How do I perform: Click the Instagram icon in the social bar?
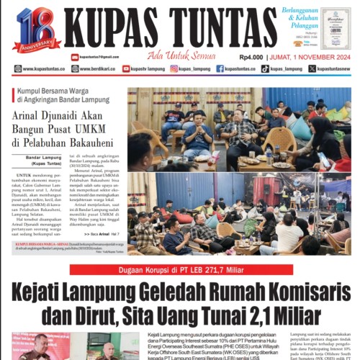pos(174,69)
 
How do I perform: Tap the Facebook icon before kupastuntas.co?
pos(220,69)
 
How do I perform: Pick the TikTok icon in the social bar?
pos(265,69)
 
